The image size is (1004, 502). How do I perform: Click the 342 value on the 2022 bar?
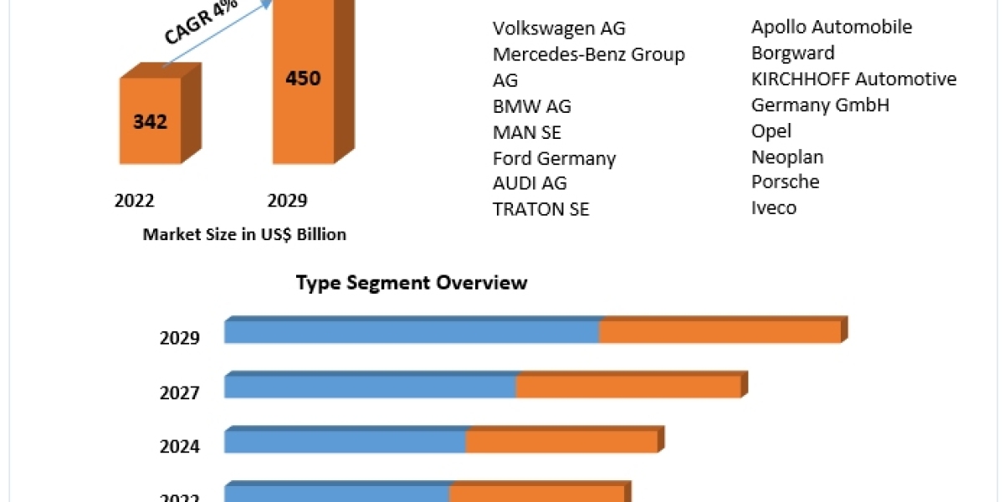(151, 121)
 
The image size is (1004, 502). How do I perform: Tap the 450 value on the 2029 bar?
(303, 79)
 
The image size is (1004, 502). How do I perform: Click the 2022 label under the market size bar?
(135, 201)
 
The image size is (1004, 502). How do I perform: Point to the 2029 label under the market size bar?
(287, 201)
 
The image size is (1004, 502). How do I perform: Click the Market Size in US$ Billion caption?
(244, 234)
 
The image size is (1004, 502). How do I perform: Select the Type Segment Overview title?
(412, 283)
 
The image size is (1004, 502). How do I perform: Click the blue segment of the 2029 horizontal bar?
(412, 332)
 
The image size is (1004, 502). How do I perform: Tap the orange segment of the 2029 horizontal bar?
(720, 332)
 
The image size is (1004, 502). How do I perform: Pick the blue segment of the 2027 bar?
(370, 387)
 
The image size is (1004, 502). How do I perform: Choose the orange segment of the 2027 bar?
(628, 387)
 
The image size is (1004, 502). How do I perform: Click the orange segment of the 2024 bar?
(561, 441)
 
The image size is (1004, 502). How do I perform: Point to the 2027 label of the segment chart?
(180, 392)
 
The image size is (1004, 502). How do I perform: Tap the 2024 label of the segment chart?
(180, 446)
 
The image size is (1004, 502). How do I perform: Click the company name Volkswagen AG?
(559, 28)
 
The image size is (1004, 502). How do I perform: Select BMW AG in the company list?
(532, 106)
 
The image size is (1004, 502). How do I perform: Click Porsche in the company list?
(786, 182)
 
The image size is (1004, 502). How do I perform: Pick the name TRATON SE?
(540, 209)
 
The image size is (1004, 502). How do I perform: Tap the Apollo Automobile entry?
(832, 27)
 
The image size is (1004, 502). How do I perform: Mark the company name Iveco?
(774, 207)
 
